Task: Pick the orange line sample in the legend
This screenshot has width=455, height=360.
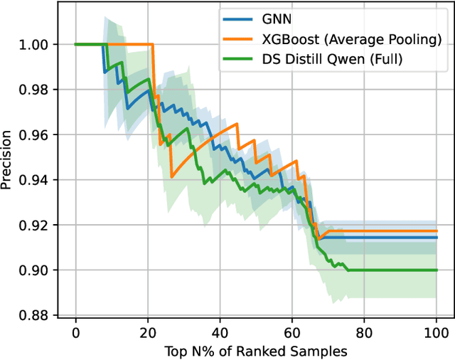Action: click(236, 39)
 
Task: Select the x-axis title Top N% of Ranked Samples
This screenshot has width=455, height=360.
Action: click(255, 350)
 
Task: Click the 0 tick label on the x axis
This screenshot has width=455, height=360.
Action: click(76, 332)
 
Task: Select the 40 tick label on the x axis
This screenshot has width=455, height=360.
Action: click(220, 332)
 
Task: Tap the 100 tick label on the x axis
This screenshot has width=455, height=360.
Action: click(436, 332)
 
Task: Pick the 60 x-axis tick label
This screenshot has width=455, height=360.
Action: click(292, 332)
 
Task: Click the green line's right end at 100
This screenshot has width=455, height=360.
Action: click(436, 270)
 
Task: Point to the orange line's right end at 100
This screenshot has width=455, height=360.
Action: click(436, 231)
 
